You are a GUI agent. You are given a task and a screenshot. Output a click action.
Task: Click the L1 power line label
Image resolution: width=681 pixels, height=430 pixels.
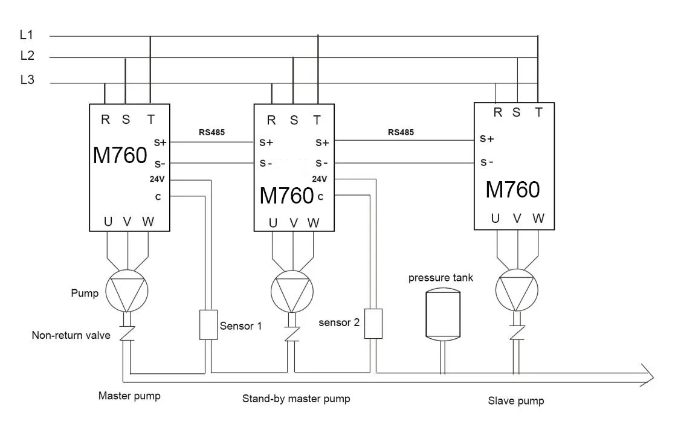27,36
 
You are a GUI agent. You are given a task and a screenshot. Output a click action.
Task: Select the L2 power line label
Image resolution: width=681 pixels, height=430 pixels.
27,56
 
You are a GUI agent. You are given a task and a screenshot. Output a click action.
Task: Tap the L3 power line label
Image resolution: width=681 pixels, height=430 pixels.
27,80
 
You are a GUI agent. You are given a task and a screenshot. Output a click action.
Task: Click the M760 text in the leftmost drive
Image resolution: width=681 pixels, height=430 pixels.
120,156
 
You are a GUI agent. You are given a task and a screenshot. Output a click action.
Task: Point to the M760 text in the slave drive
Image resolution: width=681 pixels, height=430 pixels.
512,190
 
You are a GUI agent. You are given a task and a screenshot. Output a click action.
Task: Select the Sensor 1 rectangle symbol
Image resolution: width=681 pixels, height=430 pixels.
208,325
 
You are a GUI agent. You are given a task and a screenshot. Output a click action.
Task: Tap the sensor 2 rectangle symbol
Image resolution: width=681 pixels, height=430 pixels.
374,323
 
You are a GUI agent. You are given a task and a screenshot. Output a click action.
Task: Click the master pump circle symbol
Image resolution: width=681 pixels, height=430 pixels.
127,291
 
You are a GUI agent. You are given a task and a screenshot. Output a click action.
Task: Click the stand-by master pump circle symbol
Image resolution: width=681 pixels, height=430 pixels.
292,291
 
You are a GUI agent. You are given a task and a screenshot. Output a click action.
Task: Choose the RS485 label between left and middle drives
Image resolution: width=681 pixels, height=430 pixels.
211,132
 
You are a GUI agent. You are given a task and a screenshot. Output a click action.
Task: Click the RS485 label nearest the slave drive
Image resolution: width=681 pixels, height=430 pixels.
401,132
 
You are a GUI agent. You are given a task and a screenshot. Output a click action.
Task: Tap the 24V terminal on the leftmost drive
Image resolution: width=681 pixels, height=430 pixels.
158,179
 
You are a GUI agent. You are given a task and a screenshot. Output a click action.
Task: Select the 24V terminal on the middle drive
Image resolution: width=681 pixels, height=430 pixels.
320,179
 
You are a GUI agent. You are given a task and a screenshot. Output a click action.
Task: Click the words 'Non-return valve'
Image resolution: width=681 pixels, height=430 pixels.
71,335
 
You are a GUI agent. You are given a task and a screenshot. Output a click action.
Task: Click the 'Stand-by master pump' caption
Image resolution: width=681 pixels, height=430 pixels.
296,399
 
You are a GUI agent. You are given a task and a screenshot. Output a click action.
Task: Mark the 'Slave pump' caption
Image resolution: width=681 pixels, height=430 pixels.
515,400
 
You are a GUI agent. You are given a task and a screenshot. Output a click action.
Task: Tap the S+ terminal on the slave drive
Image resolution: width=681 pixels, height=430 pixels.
487,138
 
